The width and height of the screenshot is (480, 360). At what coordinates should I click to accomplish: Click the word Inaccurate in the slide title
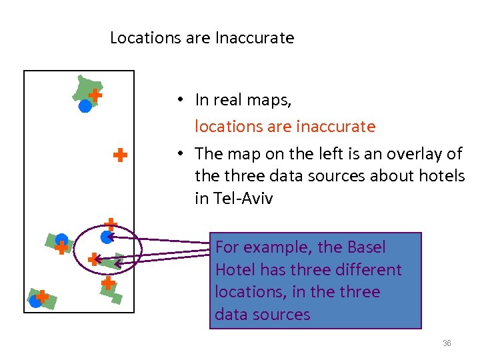(x=255, y=38)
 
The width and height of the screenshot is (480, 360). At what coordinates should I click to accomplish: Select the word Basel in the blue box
(x=366, y=247)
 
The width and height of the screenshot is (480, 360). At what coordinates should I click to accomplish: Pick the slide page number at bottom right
(x=447, y=343)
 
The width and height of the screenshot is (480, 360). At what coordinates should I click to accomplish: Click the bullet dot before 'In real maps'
(x=180, y=100)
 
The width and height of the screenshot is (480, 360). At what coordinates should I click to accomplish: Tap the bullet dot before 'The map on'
(x=180, y=154)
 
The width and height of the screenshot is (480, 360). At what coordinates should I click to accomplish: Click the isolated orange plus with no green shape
(x=120, y=155)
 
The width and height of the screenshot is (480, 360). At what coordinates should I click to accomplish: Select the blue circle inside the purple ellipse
(x=106, y=236)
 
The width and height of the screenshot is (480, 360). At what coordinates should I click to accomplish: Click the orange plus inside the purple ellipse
(x=94, y=259)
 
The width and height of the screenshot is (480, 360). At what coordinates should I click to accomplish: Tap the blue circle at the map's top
(x=85, y=105)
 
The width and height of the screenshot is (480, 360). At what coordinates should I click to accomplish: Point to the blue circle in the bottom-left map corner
(x=35, y=301)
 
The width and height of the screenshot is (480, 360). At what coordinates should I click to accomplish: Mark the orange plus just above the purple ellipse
(x=111, y=224)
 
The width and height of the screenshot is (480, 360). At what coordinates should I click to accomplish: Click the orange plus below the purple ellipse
(x=107, y=283)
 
